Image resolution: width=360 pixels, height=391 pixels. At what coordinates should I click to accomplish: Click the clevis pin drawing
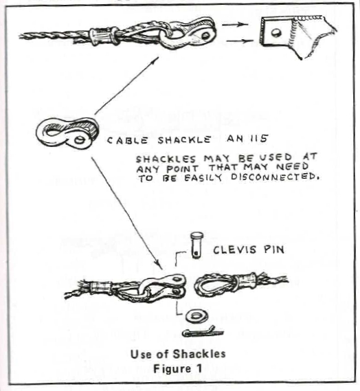coord(197,245)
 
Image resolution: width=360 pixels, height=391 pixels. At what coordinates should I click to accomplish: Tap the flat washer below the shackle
coord(197,317)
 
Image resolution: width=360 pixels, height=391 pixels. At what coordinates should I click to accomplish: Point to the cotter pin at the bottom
coord(203,332)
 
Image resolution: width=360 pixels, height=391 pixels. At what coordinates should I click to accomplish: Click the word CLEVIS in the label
coord(234,250)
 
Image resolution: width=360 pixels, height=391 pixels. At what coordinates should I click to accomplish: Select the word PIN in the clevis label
coord(274,249)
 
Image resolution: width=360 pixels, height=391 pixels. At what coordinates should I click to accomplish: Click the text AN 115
coord(247,138)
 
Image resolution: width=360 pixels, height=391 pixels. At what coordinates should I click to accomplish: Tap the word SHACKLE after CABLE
coord(184,140)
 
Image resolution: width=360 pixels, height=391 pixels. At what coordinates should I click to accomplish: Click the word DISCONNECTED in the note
coord(275,177)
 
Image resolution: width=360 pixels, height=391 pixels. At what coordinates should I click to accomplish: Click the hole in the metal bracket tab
coord(276,32)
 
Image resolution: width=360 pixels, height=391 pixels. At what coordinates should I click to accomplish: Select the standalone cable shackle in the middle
coord(67,133)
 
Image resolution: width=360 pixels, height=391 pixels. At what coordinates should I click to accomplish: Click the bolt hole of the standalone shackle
coord(80,140)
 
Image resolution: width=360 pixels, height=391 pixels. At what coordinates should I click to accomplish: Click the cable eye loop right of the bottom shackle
coord(214,286)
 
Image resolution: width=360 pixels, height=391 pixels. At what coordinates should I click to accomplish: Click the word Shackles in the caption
coord(199,354)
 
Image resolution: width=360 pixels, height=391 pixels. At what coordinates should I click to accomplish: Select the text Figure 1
coord(177,368)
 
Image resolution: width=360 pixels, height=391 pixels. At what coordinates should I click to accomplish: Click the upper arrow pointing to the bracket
coord(236,24)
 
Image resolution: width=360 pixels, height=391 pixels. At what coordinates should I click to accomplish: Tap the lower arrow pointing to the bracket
coord(240,41)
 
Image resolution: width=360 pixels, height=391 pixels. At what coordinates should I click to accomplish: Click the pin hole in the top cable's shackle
coord(206,36)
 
